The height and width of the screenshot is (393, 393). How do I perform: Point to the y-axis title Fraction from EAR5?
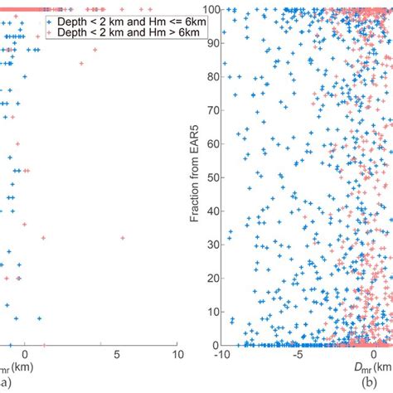pos(192,175)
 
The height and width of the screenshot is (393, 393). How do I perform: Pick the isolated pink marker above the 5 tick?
pos(123,239)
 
